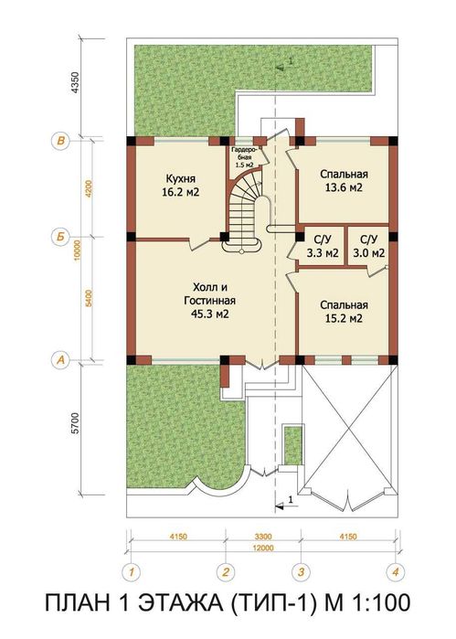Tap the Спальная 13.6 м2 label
[343, 180]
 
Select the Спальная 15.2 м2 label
[343, 312]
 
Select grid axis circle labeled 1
[132, 573]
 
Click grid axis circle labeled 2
[223, 573]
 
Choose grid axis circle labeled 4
[395, 573]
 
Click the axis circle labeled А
[60, 360]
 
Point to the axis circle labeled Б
[60, 237]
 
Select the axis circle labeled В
[60, 141]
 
